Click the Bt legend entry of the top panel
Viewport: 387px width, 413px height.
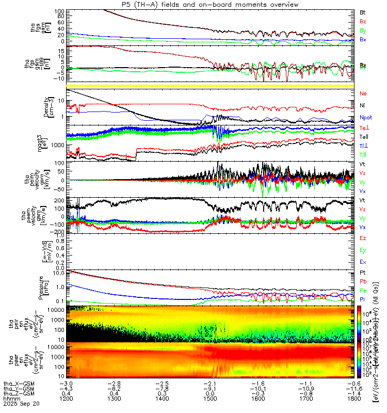tap(363, 12)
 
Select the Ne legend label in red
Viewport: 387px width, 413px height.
tap(363, 93)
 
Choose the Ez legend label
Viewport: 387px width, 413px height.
tap(363, 238)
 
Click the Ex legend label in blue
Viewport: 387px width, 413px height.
tap(363, 263)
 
